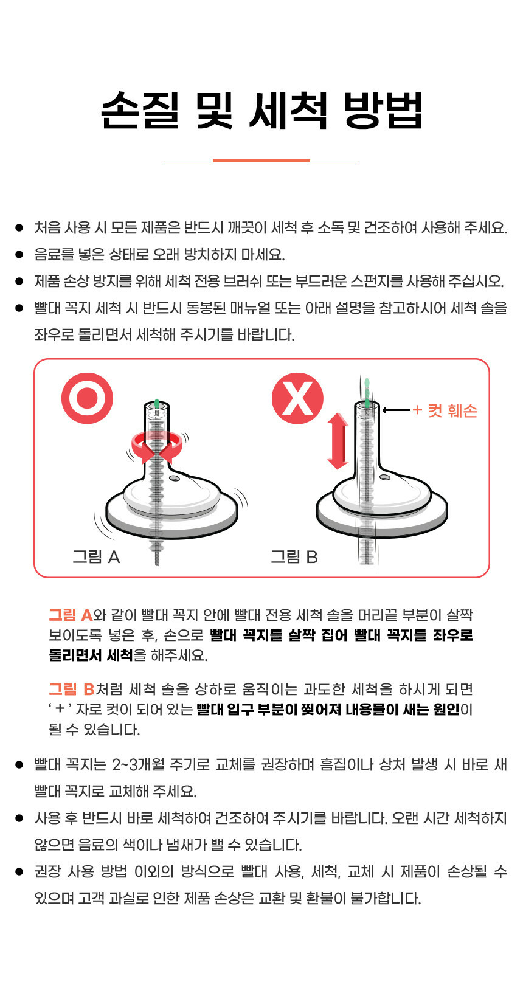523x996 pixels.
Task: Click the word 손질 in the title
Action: pyautogui.click(x=140, y=110)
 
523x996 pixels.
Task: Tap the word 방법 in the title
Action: pyautogui.click(x=383, y=110)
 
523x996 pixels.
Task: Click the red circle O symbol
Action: pyautogui.click(x=87, y=398)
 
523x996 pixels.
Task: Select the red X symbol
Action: pyautogui.click(x=297, y=398)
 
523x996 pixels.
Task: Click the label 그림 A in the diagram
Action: pyautogui.click(x=97, y=557)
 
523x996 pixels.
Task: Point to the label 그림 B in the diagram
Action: pyautogui.click(x=294, y=557)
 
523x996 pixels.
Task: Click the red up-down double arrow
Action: pyautogui.click(x=338, y=441)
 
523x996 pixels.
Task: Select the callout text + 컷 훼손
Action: pyautogui.click(x=445, y=410)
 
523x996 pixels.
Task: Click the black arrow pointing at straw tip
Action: pyautogui.click(x=395, y=410)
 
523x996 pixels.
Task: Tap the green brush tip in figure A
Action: pyautogui.click(x=157, y=404)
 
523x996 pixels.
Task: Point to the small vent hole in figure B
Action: pyautogui.click(x=385, y=477)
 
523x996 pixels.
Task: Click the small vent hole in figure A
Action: pyautogui.click(x=175, y=478)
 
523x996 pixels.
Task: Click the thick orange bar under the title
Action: pyautogui.click(x=261, y=161)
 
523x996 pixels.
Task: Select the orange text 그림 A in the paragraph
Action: pyautogui.click(x=71, y=615)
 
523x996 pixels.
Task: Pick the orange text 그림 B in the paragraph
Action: pyautogui.click(x=72, y=689)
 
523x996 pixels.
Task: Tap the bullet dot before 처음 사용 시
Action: pyautogui.click(x=19, y=227)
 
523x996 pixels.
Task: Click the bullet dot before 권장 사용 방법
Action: pyautogui.click(x=19, y=871)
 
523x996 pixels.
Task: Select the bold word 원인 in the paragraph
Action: pyautogui.click(x=446, y=709)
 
